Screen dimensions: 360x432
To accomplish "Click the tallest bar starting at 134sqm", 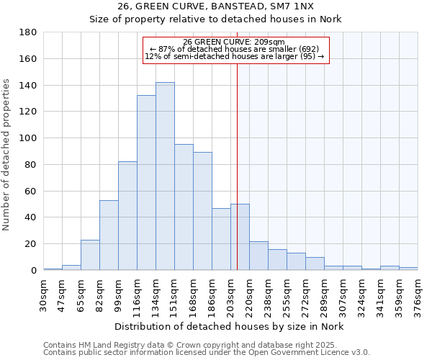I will coord(165,176).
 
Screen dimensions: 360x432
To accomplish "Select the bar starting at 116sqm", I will coord(146,183).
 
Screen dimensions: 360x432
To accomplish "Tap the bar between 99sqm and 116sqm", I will coord(127,216).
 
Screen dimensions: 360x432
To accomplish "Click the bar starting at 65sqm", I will coord(90,255).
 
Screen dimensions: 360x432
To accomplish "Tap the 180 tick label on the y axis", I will coord(28,32).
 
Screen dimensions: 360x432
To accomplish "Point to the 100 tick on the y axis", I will coord(28,138).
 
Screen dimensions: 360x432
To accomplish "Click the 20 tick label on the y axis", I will coord(31,244).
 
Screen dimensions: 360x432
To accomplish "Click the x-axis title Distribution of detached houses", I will coord(229,326).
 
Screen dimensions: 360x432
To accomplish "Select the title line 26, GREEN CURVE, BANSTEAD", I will coord(215,7).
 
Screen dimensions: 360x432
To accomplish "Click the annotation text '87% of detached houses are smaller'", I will coord(235,49).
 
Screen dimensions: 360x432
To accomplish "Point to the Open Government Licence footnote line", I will coord(206,352).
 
